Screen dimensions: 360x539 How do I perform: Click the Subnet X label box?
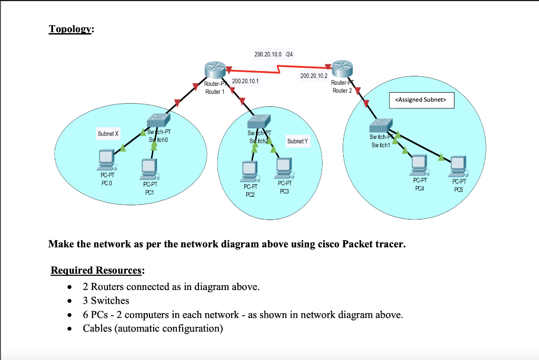pos(107,134)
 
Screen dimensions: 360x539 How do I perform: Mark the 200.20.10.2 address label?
pos(313,76)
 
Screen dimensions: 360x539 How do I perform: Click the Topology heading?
pos(71,29)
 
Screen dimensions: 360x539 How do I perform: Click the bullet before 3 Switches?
pos(69,302)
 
